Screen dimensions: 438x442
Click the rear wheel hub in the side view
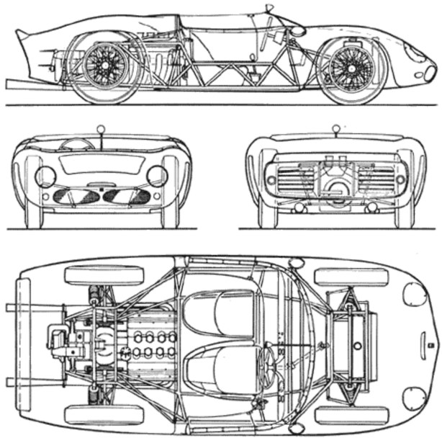[105, 66]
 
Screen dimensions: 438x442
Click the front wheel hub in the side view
[351, 69]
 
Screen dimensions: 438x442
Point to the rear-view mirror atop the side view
[270, 9]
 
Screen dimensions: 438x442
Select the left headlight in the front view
[45, 176]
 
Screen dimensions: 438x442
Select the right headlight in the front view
[157, 175]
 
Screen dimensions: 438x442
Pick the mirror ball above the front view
[101, 130]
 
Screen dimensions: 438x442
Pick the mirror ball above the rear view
[335, 130]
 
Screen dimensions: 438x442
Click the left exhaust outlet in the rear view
[299, 207]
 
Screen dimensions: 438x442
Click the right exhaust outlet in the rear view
[371, 207]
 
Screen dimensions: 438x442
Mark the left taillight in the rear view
[271, 179]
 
